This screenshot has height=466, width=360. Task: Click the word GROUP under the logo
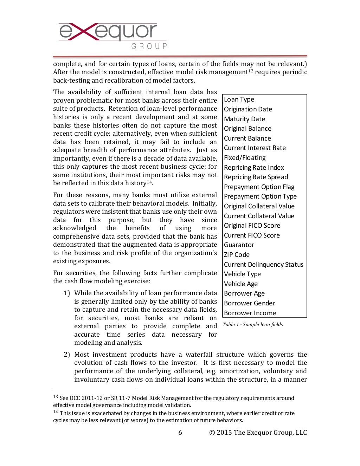tap(149, 46)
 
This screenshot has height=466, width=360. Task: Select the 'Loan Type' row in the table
tap(239, 99)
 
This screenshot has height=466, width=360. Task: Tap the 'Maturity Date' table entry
tap(244, 119)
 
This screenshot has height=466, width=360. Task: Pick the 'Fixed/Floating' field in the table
tap(245, 158)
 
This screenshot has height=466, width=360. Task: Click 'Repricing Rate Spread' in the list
tap(256, 177)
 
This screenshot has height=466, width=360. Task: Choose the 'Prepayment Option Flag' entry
tap(259, 187)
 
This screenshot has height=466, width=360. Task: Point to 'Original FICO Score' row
tap(252, 226)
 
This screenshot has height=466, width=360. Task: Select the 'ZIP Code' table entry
tap(237, 255)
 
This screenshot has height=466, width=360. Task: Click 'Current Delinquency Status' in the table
tap(263, 265)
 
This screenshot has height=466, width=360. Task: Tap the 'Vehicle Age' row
tap(241, 284)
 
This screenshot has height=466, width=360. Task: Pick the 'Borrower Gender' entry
tap(250, 303)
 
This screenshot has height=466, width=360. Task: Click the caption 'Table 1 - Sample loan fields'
tap(253, 324)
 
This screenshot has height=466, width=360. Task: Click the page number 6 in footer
tap(180, 433)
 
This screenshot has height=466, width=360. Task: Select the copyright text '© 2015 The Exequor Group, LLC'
tap(258, 433)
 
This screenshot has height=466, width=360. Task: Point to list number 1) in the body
tap(67, 293)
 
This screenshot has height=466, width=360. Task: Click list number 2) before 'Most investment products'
tap(67, 355)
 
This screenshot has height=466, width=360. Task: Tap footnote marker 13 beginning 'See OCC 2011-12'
tap(56, 397)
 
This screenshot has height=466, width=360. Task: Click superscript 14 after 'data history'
tap(149, 182)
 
